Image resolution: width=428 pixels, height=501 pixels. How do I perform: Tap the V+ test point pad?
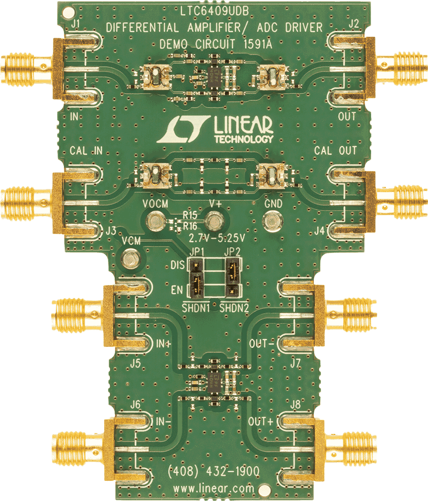pyautogui.click(x=216, y=220)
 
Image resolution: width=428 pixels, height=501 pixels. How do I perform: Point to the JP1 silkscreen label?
pyautogui.click(x=196, y=252)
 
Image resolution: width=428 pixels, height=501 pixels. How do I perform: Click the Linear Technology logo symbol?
pyautogui.click(x=182, y=129)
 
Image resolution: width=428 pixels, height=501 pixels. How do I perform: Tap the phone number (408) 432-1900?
pyautogui.click(x=213, y=471)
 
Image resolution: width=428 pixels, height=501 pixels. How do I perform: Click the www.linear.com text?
pyautogui.click(x=213, y=488)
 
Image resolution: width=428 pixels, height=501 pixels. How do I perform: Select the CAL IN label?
pyautogui.click(x=86, y=151)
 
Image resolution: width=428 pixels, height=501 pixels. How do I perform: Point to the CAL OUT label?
pyautogui.click(x=335, y=151)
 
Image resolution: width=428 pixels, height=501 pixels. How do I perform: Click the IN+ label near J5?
pyautogui.click(x=164, y=344)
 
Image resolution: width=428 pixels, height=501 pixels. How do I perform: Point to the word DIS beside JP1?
pyautogui.click(x=177, y=264)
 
